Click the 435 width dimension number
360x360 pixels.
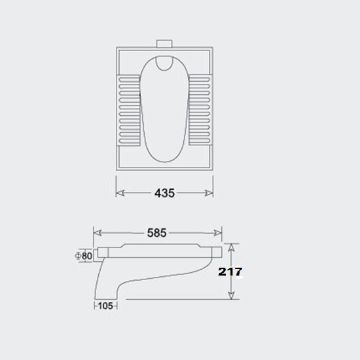click(164, 193)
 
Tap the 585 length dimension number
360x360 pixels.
click(157, 233)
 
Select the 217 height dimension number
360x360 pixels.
click(230, 272)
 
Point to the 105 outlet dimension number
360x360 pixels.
click(105, 306)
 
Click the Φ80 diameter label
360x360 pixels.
click(84, 256)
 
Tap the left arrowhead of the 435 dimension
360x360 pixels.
click(120, 193)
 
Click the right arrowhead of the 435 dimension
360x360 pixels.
click(209, 193)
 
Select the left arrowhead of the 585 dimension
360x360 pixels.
click(98, 233)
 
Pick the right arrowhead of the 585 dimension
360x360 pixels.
click(218, 233)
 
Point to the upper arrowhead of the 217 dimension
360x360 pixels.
click(231, 247)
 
